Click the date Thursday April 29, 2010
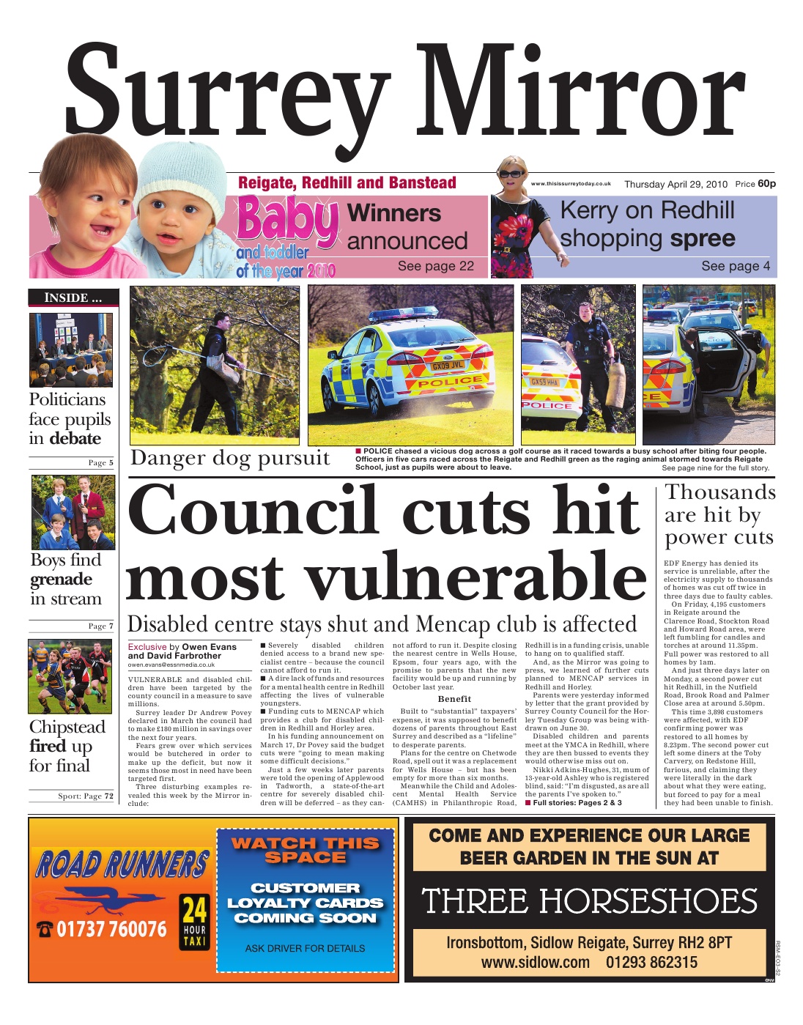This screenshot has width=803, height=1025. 675,185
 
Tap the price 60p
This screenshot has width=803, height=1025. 766,184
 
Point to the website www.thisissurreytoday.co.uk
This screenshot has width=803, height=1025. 571,184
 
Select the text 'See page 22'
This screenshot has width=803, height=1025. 436,266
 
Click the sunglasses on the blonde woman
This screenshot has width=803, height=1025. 511,174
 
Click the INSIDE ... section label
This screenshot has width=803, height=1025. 72,297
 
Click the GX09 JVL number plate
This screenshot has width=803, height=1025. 446,365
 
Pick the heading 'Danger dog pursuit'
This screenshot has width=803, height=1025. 230,459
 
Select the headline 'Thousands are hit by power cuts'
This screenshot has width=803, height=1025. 719,515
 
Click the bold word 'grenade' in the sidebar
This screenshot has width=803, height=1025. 62,580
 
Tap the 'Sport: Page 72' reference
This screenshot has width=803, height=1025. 85,796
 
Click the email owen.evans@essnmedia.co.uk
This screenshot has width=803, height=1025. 171,665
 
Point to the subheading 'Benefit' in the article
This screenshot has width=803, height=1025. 454,698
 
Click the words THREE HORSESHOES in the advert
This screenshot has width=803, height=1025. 589,901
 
